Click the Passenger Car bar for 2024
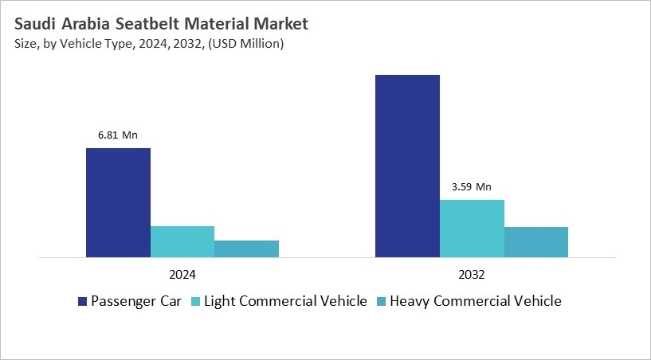pos(118,202)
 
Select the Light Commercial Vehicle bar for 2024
pos(182,241)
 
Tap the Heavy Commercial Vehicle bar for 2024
pos(246,248)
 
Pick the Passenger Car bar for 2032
pos(407,166)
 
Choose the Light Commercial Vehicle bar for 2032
pos(472,228)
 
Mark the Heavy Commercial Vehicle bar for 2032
pos(536,241)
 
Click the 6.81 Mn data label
pos(118,135)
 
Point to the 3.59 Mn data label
pos(472,187)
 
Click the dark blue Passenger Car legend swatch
pos(82,301)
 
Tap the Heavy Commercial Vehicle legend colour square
pos(381,301)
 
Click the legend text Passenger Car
pos(136,301)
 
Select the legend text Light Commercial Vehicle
pos(286,301)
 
